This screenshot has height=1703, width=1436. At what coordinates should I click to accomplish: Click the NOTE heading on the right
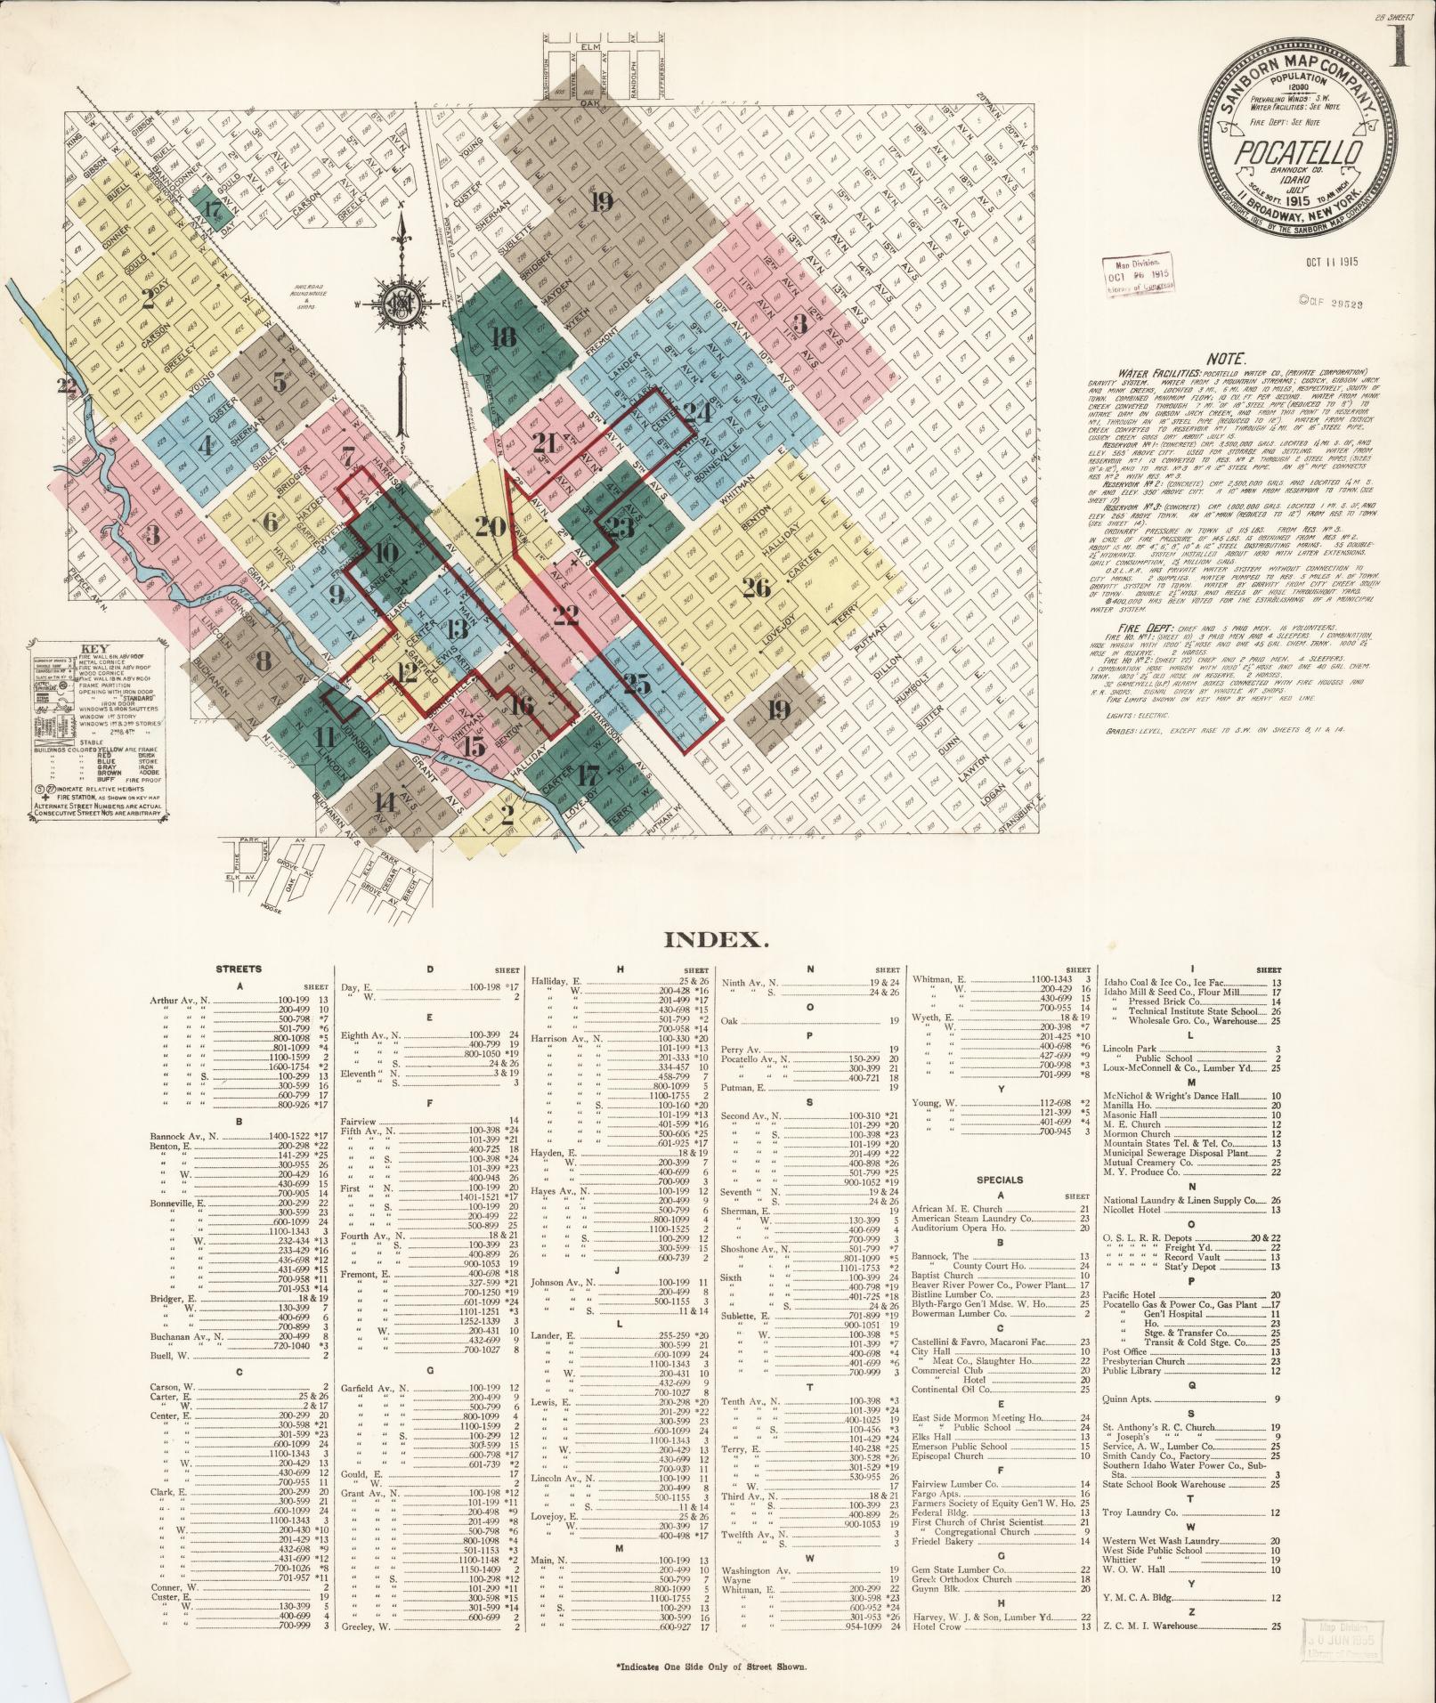pos(1228,356)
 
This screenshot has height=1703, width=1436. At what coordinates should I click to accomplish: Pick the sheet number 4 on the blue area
pos(207,444)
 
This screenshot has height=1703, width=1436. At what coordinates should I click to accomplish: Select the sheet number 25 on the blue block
pos(637,685)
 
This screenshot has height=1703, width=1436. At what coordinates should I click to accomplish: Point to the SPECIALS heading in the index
pos(1000,1180)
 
